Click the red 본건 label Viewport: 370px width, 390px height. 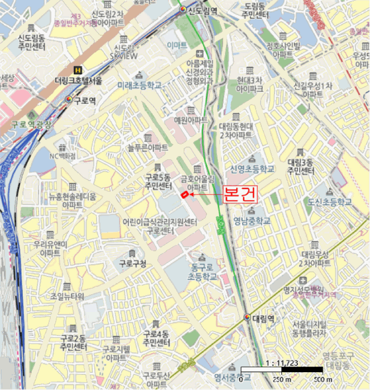241,194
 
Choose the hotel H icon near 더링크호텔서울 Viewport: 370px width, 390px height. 78,70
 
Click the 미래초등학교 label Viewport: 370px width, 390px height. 140,86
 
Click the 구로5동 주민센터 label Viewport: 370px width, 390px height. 157,182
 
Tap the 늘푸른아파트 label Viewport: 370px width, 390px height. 147,148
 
